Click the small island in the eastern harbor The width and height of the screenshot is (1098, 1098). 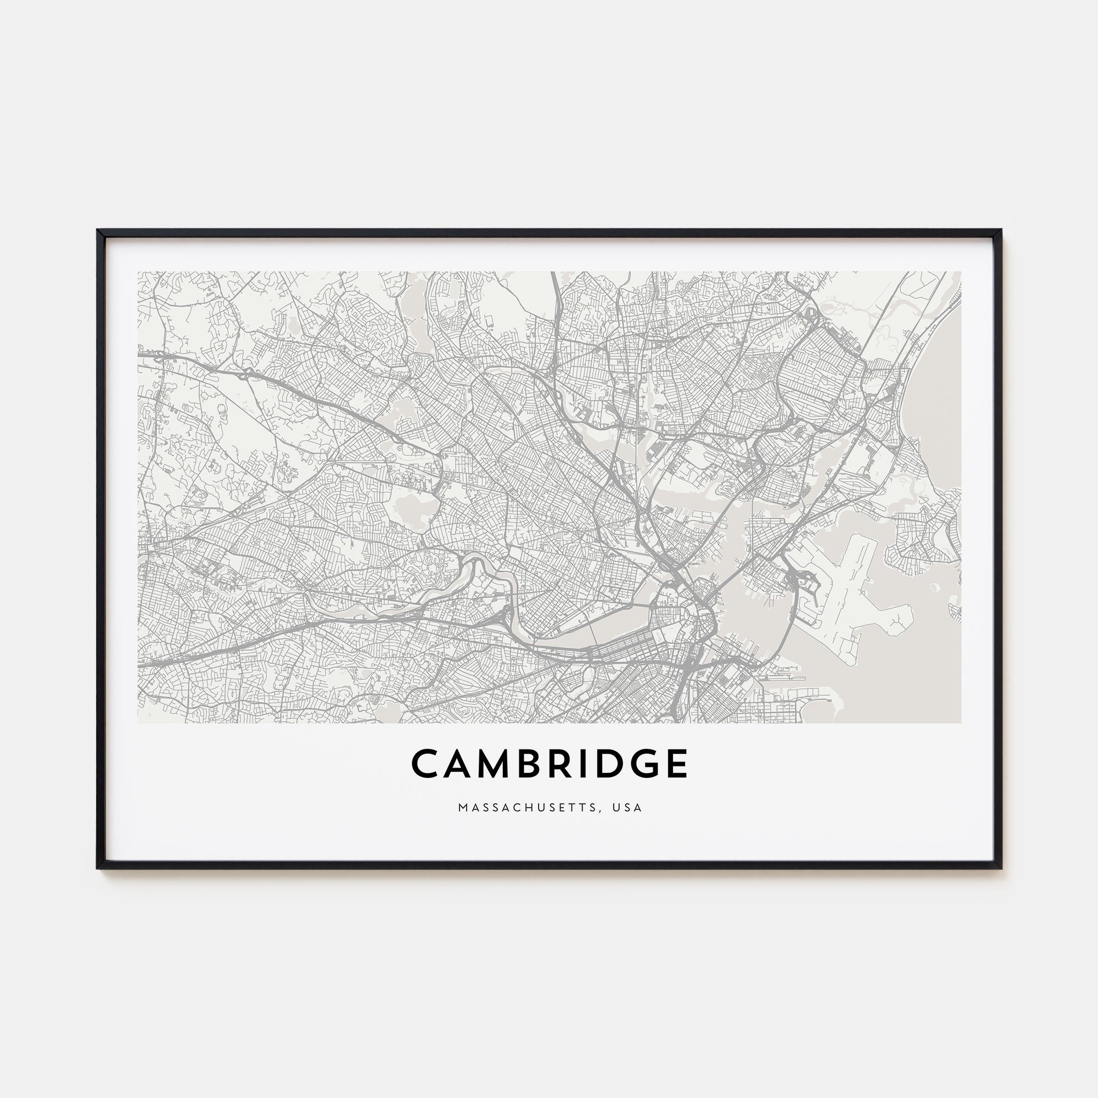(933, 586)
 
